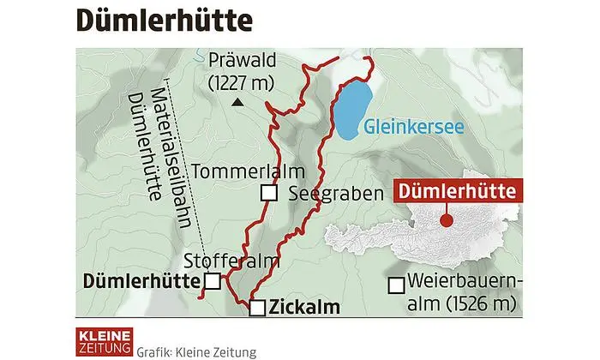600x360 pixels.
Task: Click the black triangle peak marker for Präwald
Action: (x=237, y=103)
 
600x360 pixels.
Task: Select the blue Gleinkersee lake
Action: (x=352, y=111)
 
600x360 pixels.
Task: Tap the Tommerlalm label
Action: (x=237, y=172)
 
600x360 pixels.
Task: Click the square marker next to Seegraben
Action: (x=269, y=194)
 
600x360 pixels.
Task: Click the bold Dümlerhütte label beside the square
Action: (x=141, y=280)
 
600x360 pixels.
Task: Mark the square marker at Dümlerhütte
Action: (x=212, y=280)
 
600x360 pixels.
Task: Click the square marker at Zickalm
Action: (x=256, y=308)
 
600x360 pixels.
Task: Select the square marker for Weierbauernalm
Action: (x=396, y=285)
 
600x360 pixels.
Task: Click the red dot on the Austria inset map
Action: (x=445, y=221)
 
